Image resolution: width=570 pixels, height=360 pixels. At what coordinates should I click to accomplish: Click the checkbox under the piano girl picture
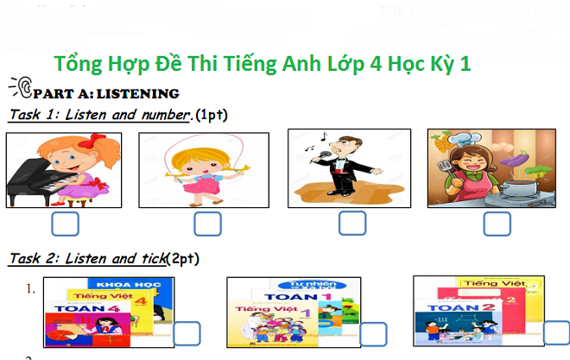(x=65, y=224)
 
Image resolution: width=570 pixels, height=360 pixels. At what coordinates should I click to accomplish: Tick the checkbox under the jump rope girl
(x=207, y=224)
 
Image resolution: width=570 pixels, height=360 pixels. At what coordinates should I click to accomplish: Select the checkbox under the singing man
(x=351, y=223)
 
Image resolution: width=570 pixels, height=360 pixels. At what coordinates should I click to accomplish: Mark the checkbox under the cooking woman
(x=497, y=224)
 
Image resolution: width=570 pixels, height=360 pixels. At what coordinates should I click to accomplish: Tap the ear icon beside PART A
(x=22, y=87)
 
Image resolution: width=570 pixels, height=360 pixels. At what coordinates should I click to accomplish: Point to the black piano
(x=35, y=186)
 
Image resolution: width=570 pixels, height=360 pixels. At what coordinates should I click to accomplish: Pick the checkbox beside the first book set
(x=188, y=334)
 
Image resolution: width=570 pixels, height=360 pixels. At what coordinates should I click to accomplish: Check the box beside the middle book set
(x=374, y=334)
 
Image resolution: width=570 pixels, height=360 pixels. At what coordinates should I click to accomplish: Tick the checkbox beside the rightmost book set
(x=556, y=332)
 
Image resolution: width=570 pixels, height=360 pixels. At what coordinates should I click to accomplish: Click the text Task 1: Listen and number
(x=99, y=115)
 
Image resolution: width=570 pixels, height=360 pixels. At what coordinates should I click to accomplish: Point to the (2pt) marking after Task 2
(x=182, y=258)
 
